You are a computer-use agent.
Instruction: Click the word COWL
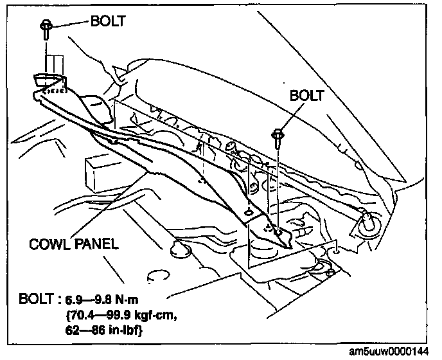click(x=49, y=244)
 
